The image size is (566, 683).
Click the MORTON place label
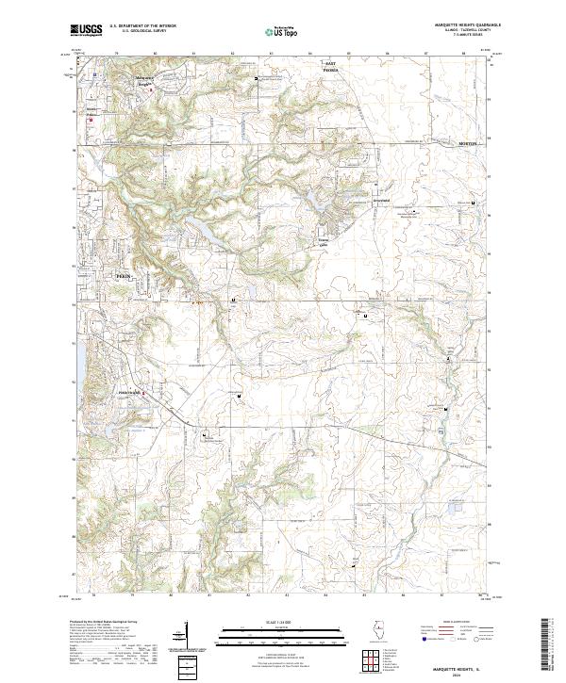[469, 142]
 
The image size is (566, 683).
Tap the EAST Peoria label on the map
[330, 69]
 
